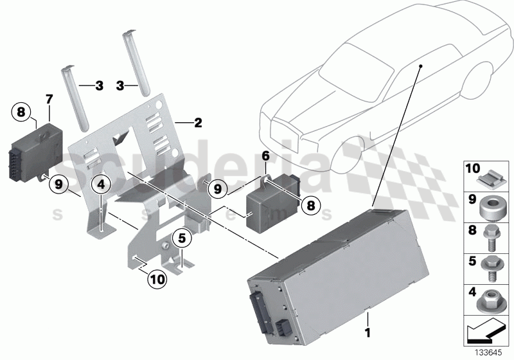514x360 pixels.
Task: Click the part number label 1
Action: (368, 334)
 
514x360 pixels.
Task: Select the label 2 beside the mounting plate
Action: (199, 122)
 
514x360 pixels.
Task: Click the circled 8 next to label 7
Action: (21, 113)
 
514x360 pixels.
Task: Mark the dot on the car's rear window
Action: (419, 66)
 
